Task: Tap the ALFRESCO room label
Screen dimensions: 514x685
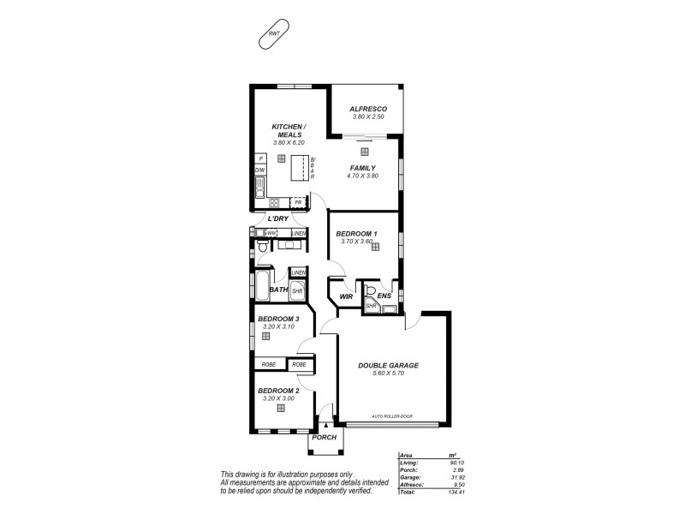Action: (369, 109)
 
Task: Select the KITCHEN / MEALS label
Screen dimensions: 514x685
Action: (289, 130)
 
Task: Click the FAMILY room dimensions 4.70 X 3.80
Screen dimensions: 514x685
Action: (362, 176)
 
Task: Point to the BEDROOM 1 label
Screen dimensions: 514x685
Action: (356, 233)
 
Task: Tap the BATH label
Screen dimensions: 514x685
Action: (278, 290)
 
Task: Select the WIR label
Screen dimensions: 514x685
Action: (347, 296)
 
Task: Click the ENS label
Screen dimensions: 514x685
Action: (384, 296)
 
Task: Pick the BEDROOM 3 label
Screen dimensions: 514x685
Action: (278, 319)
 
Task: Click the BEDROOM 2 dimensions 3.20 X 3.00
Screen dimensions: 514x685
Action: (278, 397)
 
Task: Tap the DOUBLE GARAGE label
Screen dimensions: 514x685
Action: (388, 365)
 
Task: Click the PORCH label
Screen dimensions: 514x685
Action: (324, 437)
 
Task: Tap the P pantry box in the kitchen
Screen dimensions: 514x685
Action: (260, 158)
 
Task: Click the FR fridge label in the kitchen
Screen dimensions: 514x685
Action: (298, 202)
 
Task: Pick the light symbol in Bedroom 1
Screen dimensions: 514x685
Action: (375, 246)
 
